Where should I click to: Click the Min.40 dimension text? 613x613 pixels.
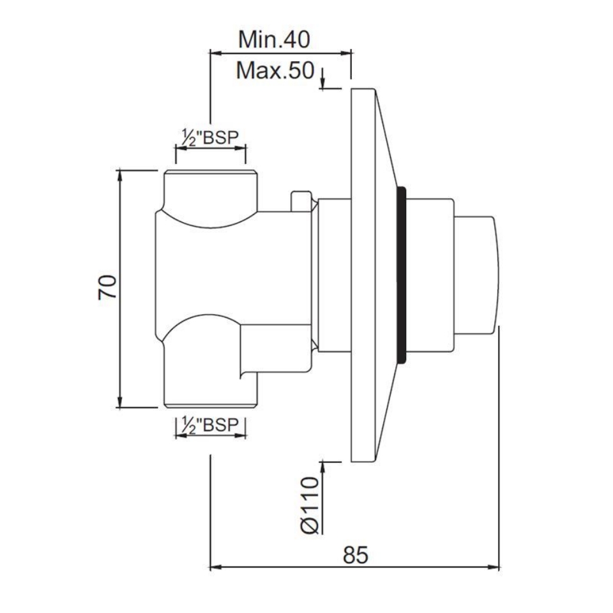[274, 40]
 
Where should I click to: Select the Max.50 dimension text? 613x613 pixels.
[276, 70]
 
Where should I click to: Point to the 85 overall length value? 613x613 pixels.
[356, 554]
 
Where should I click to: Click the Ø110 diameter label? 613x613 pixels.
[309, 504]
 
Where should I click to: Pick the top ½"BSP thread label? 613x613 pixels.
[210, 137]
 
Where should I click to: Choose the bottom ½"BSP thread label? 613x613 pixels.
[210, 425]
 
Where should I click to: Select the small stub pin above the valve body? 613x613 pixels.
[299, 200]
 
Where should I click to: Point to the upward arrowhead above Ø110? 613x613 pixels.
[324, 465]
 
